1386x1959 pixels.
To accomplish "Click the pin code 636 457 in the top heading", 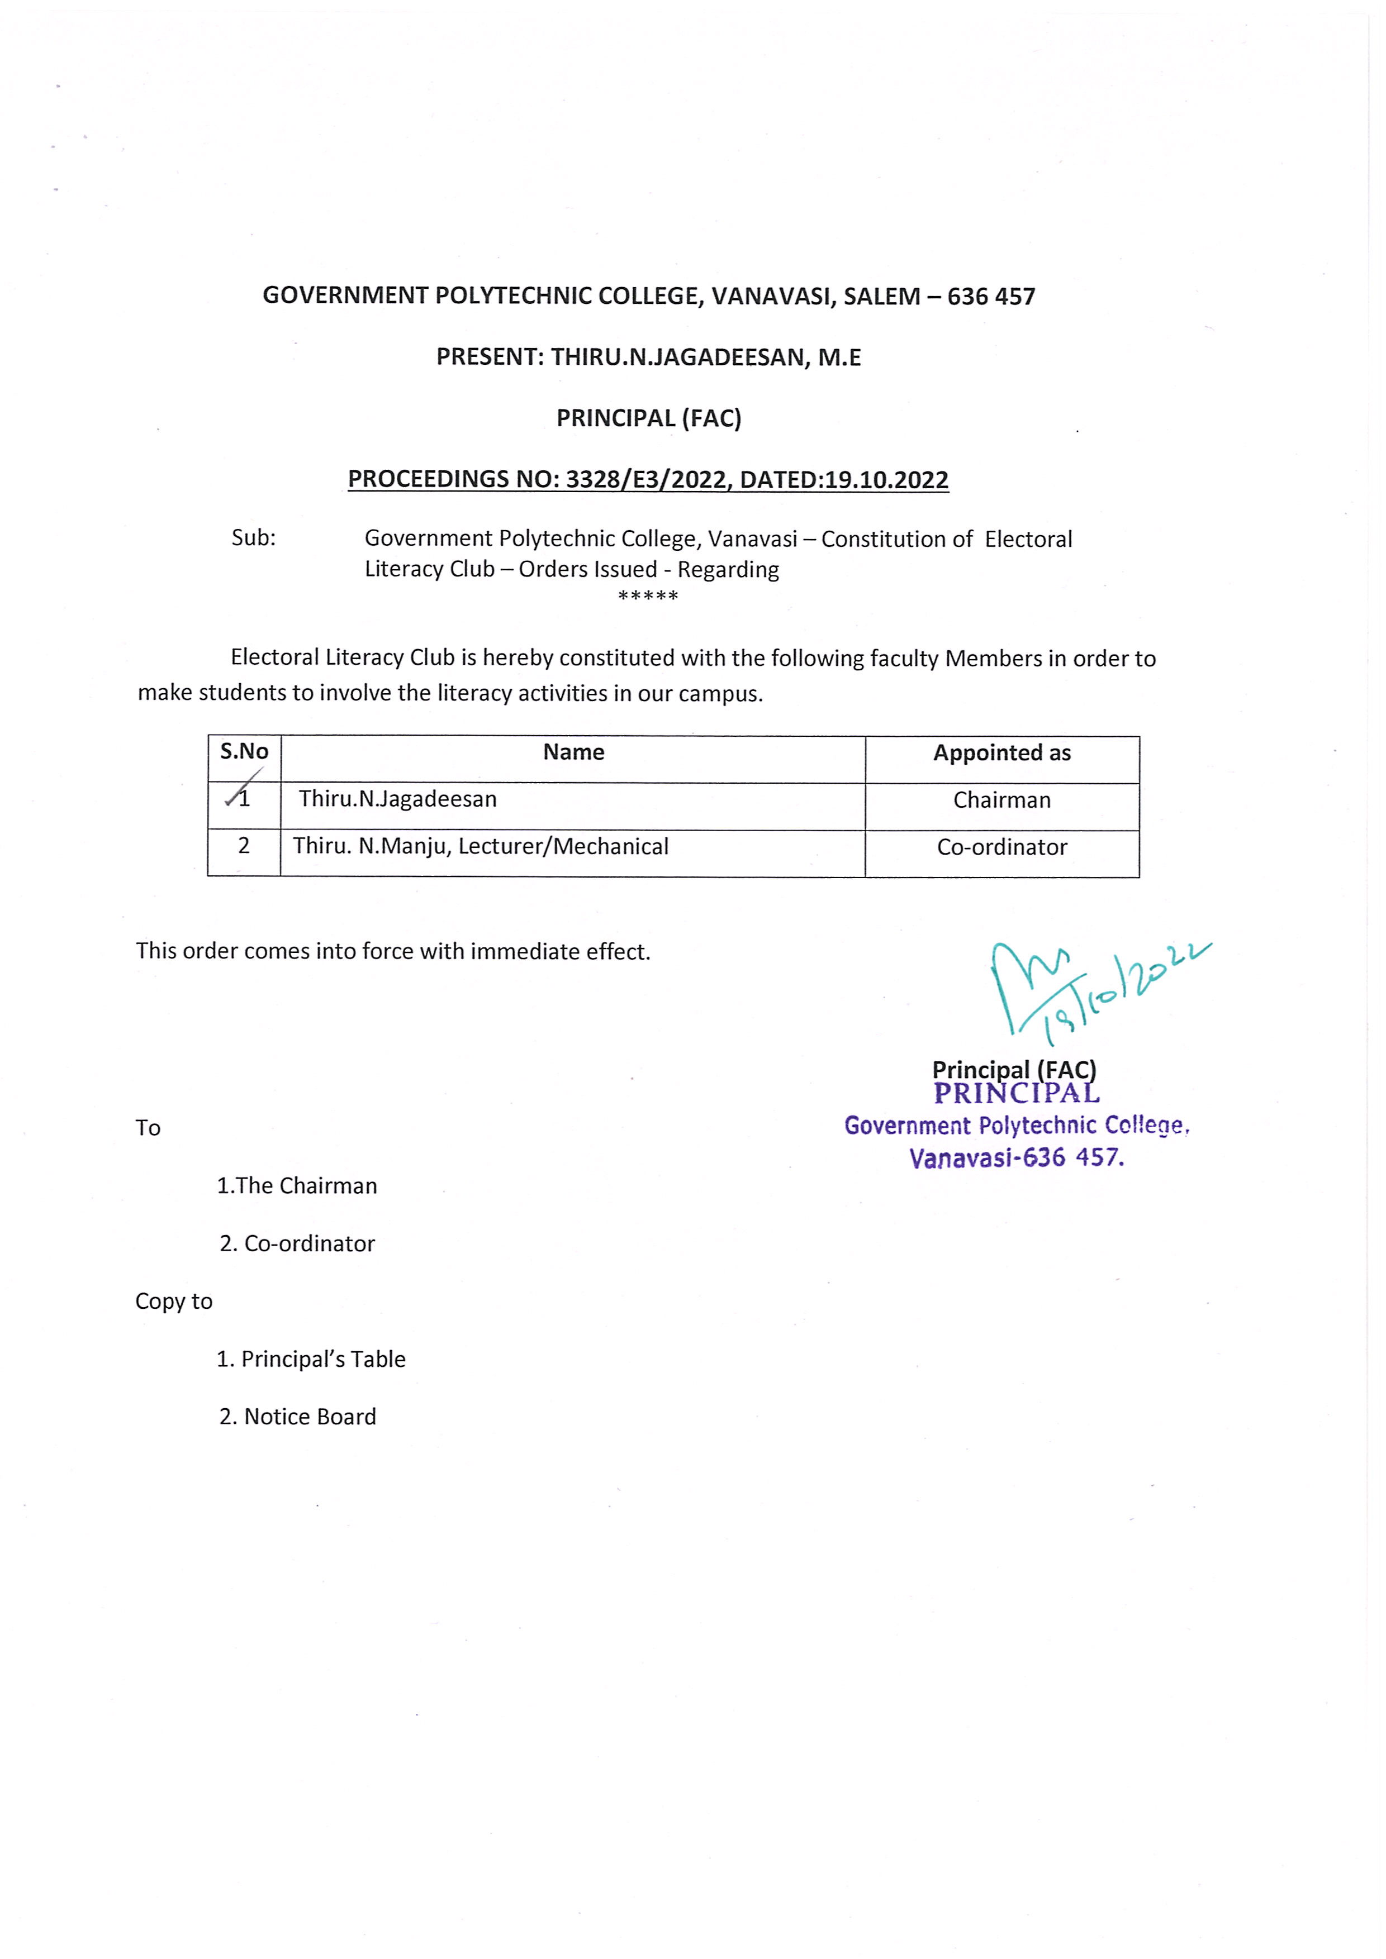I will point(991,296).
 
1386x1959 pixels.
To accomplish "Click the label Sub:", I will point(254,537).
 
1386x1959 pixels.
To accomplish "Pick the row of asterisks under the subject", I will point(648,595).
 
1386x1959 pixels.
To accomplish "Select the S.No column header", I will point(244,751).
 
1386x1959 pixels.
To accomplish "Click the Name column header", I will point(573,752).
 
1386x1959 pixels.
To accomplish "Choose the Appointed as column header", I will point(1002,752).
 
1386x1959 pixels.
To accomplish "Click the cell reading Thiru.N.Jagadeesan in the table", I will point(398,799).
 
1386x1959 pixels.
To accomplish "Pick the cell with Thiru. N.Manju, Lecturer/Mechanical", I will point(481,846).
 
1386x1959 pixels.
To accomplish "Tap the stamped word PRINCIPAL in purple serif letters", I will point(1017,1094).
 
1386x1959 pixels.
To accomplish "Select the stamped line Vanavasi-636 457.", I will point(1017,1158).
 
